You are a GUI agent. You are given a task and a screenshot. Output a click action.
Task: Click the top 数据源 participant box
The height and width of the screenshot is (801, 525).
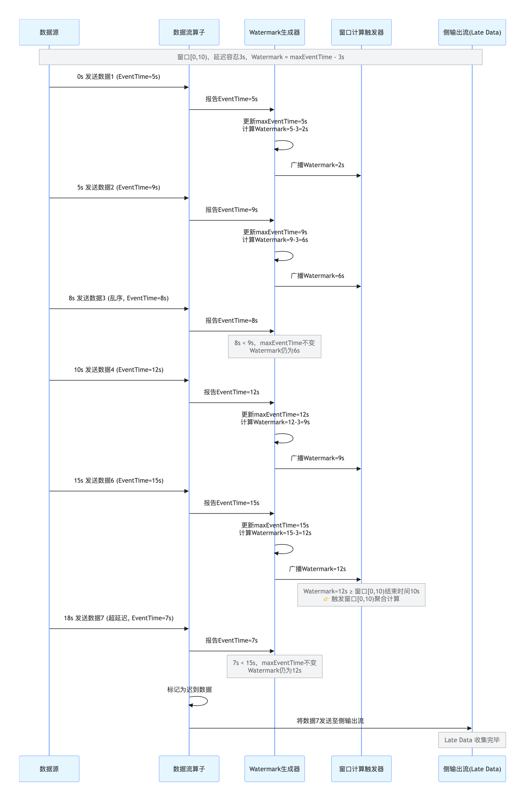coord(49,32)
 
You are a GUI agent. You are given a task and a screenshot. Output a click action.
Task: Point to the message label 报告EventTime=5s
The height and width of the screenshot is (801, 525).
coord(232,99)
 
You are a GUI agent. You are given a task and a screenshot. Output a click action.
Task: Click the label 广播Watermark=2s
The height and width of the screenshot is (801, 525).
coord(317,165)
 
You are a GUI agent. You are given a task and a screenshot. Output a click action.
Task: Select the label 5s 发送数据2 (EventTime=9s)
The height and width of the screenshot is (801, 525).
coord(119,188)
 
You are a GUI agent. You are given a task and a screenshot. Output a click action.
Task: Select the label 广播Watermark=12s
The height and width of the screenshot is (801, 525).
coord(317,569)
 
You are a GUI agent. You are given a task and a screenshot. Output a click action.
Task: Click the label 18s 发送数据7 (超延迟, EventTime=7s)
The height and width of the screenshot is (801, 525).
coord(119,618)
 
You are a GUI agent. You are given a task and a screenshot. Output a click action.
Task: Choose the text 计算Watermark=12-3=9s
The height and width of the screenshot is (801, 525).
coord(275,422)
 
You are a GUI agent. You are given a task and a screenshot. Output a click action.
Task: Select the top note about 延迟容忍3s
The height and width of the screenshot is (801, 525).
coord(261,57)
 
